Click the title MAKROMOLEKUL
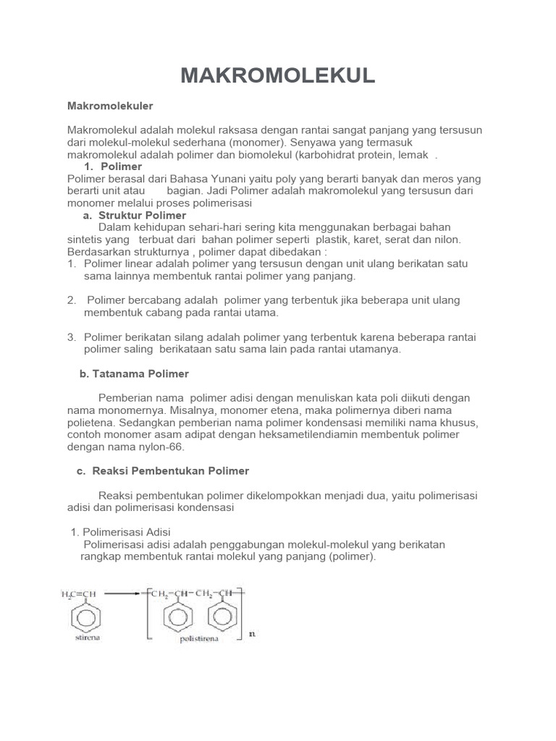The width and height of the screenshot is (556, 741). [277, 76]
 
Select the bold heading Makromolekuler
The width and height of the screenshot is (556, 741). [110, 106]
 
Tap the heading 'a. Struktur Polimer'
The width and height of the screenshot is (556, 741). [135, 216]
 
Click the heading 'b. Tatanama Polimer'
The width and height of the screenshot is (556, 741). [133, 374]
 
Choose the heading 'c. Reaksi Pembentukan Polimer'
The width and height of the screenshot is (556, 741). [162, 471]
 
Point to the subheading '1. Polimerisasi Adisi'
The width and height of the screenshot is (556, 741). [120, 532]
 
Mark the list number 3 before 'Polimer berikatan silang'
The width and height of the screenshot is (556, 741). [71, 337]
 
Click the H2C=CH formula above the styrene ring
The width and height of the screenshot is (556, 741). [78, 594]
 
